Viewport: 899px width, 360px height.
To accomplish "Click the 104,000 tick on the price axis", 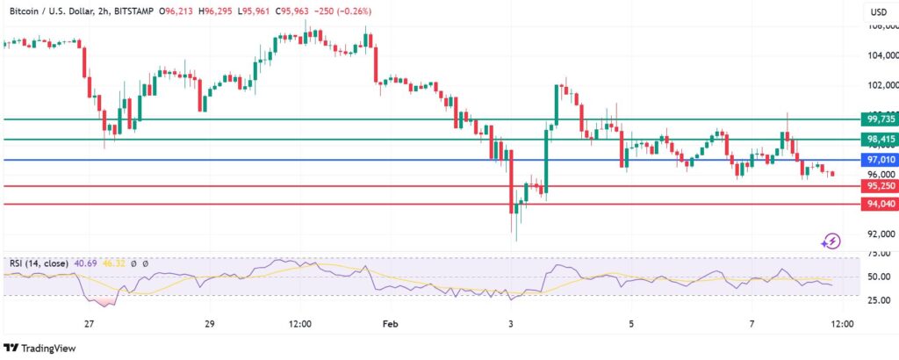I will pos(881,55).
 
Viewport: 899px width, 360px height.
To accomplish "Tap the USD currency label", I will pos(878,12).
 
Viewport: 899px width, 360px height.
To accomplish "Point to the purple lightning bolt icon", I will pos(831,240).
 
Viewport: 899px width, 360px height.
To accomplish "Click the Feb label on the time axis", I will pos(390,323).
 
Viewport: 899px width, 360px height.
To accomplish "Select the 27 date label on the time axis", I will pos(89,323).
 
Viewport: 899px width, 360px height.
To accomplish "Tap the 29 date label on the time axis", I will pos(210,323).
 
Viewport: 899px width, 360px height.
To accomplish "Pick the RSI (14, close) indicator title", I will pos(42,263).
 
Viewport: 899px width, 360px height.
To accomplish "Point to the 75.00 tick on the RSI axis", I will pos(879,254).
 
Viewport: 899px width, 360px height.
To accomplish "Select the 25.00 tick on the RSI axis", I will pos(879,300).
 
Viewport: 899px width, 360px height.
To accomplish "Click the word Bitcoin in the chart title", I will pos(26,11).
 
